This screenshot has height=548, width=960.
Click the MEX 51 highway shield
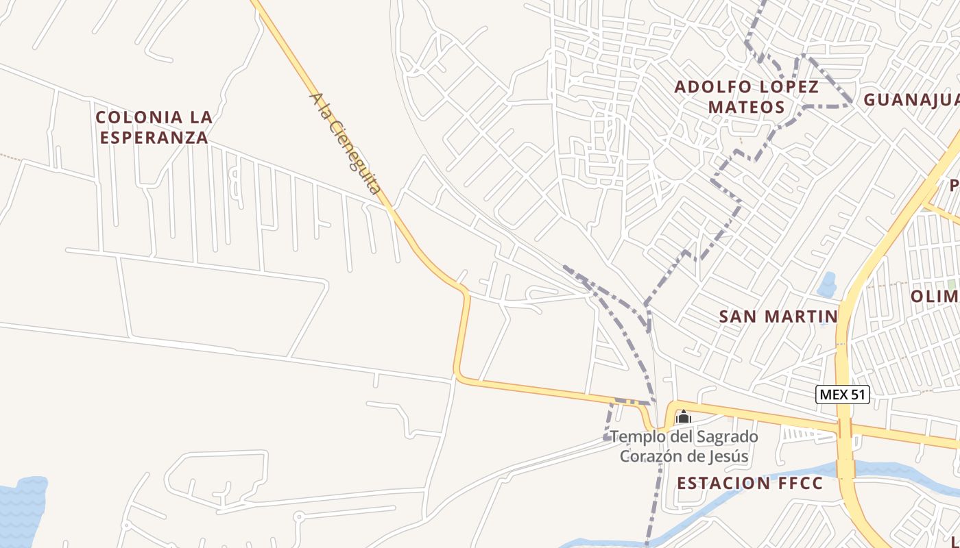[x=843, y=395]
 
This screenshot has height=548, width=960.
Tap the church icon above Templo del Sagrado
[x=683, y=416]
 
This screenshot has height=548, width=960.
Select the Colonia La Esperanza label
[x=154, y=127]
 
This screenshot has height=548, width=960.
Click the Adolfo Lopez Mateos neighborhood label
[x=747, y=97]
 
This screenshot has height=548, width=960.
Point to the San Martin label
[x=778, y=316]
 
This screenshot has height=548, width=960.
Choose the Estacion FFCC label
[x=749, y=483]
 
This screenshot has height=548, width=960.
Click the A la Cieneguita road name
[x=345, y=143]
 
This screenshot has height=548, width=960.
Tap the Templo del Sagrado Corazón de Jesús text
[x=684, y=446]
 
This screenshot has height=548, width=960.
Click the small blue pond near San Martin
[x=827, y=284]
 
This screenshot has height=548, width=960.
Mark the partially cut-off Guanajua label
[x=911, y=100]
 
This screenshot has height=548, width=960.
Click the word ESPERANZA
[x=154, y=138]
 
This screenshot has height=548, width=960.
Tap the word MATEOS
[x=747, y=108]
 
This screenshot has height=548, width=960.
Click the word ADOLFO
[x=714, y=87]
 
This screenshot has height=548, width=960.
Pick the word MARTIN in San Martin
[x=803, y=316]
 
